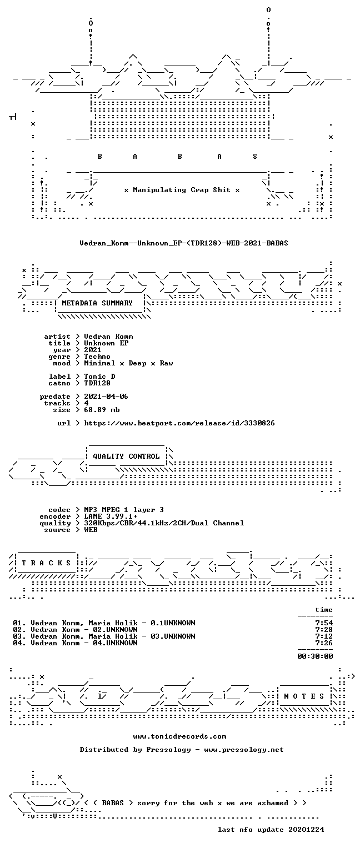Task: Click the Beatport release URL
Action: (179, 423)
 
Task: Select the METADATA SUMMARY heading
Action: (97, 303)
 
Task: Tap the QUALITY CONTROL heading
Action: (126, 456)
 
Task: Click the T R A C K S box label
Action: (47, 563)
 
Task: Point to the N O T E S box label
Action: (304, 696)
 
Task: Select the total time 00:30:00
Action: (315, 656)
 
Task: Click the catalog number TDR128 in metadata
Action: (97, 383)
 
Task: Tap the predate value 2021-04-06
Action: (106, 397)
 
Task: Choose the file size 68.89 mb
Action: (102, 410)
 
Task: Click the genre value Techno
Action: (97, 357)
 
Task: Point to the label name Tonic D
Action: (99, 376)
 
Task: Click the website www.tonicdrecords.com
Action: (180, 736)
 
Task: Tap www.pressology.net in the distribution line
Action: (244, 749)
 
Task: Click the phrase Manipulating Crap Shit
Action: (181, 190)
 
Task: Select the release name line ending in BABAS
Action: (184, 243)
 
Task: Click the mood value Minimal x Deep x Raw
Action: (128, 363)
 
